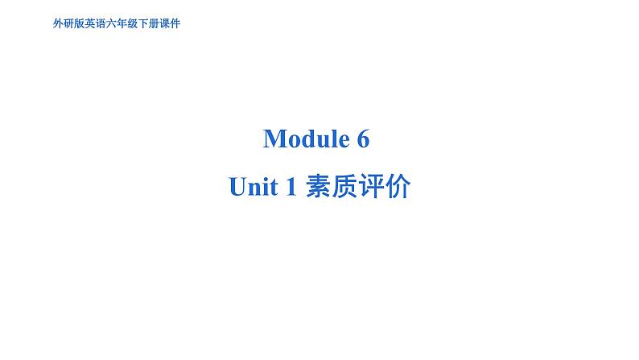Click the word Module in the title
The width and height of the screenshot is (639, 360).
tap(307, 139)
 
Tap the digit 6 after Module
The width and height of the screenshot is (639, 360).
tap(364, 139)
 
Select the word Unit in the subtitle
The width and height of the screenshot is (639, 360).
tap(254, 187)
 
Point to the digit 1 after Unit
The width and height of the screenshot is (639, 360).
tap(291, 187)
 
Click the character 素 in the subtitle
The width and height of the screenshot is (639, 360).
tap(318, 186)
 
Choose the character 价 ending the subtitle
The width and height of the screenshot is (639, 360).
tap(398, 186)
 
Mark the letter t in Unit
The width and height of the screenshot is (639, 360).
tap(274, 188)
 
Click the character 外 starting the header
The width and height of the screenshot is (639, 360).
tap(58, 23)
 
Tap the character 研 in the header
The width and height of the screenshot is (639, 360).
tap(69, 23)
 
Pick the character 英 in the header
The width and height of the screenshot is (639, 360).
tap(90, 23)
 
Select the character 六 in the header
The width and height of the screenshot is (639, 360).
tap(111, 23)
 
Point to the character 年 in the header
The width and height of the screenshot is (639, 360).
tap(122, 23)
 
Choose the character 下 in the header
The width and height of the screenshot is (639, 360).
tap(143, 23)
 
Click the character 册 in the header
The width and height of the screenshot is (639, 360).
tap(154, 23)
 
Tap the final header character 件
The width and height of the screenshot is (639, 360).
tap(175, 23)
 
